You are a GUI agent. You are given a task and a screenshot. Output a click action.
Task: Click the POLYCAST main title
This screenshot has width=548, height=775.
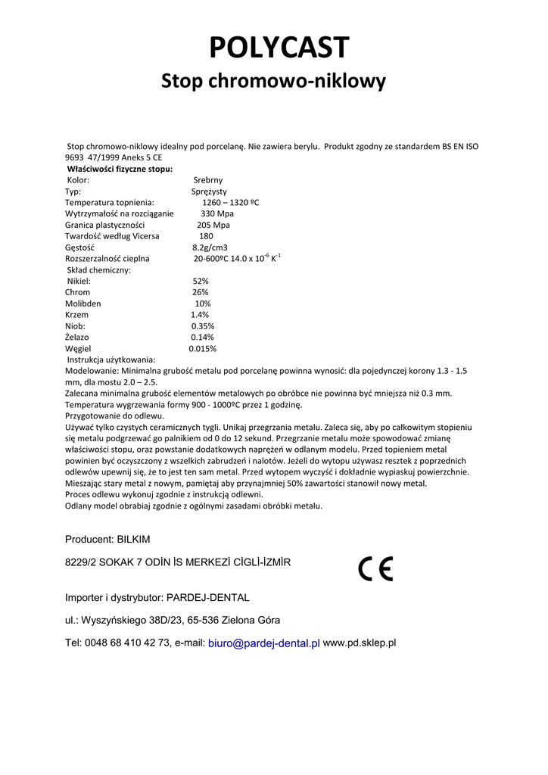coord(279,48)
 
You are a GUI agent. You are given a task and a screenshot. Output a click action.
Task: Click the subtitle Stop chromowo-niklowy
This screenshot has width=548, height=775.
coord(273,81)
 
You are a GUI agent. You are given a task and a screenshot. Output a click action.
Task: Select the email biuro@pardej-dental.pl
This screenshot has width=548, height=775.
coord(263,643)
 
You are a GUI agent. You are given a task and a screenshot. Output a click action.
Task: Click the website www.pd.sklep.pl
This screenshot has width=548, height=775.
coord(360,643)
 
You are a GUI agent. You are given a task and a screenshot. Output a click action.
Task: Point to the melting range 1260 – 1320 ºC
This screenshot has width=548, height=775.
coord(230,203)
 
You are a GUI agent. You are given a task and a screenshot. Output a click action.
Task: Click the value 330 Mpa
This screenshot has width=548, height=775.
coord(217,214)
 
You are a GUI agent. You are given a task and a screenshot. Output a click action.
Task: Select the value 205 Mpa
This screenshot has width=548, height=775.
coord(213,225)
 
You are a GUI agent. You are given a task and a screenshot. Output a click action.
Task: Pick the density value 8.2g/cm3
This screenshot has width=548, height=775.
coord(210,247)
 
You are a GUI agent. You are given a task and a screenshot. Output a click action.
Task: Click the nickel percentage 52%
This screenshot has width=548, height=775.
coord(201,281)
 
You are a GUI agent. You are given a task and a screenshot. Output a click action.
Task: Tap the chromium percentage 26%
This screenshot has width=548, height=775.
coord(200,292)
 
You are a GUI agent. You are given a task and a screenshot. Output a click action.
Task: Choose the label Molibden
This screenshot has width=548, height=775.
coord(83,303)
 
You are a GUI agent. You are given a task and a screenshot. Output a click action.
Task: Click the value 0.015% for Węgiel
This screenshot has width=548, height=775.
coord(202,349)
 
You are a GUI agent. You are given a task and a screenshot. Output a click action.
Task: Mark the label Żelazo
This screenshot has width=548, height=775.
coord(79,338)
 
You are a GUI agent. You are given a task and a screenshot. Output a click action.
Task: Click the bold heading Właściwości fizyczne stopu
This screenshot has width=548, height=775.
coord(120,169)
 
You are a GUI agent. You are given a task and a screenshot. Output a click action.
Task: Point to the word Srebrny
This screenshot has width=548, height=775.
coord(208,180)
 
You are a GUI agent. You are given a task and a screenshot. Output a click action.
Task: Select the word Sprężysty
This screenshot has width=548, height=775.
coord(209,191)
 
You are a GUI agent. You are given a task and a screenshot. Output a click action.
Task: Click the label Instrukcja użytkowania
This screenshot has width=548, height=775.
coord(111,359)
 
